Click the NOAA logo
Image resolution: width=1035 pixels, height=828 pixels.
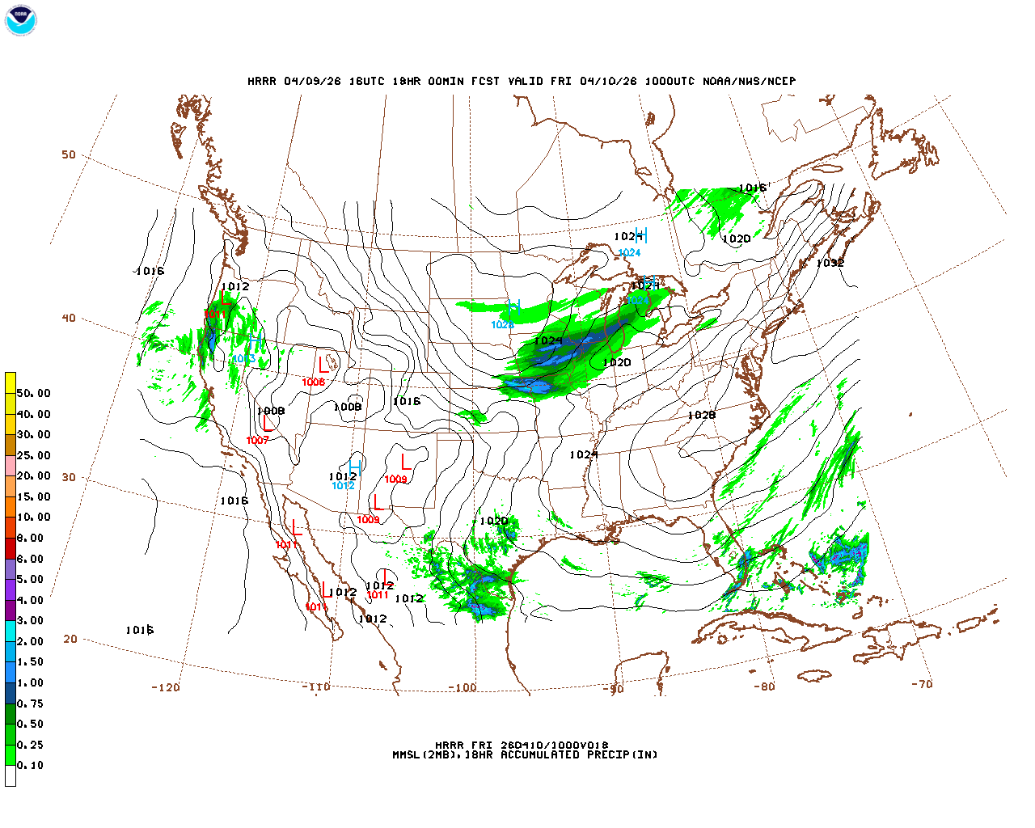[x=21, y=20]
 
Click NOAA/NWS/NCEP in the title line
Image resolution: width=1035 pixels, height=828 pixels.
[x=749, y=81]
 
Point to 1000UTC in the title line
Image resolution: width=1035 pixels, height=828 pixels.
[x=669, y=81]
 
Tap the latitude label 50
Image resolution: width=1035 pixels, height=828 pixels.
[x=69, y=154]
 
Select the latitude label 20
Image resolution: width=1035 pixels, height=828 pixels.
[x=70, y=639]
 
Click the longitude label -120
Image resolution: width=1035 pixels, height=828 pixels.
[x=165, y=687]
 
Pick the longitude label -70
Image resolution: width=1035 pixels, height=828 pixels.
[x=922, y=684]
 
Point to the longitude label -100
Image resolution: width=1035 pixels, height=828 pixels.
[x=463, y=688]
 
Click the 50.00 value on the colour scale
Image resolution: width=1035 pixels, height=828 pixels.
[x=33, y=393]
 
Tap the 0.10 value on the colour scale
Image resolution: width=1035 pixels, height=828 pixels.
[x=31, y=765]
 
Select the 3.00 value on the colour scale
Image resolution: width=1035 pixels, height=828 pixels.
[x=31, y=620]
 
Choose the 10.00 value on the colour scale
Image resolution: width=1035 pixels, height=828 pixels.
[x=33, y=517]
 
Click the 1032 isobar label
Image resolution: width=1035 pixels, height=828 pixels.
[x=830, y=263]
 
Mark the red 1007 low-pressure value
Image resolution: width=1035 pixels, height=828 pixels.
[x=257, y=441]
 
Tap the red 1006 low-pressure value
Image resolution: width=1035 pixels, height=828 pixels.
[x=313, y=382]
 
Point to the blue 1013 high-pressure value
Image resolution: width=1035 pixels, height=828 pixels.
[x=243, y=359]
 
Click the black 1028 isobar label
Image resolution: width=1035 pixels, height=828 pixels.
[x=701, y=415]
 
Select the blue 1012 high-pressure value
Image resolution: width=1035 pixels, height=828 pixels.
[x=343, y=486]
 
